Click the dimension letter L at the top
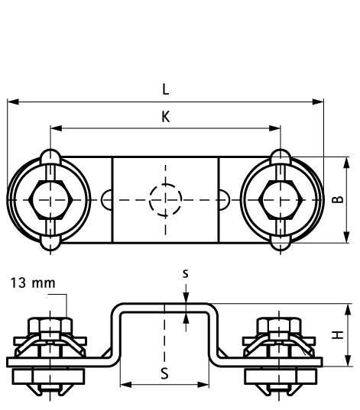point(166,89)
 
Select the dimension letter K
point(166,116)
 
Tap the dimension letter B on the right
point(337,200)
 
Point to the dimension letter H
point(337,333)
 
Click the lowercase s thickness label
point(186,272)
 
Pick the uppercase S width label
point(165,373)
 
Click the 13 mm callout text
point(33,283)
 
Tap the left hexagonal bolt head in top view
point(50,200)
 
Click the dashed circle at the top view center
point(165,200)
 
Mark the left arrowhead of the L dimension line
point(11,101)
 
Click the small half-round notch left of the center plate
point(105,200)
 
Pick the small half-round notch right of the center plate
point(225,200)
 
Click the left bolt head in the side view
point(50,330)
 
